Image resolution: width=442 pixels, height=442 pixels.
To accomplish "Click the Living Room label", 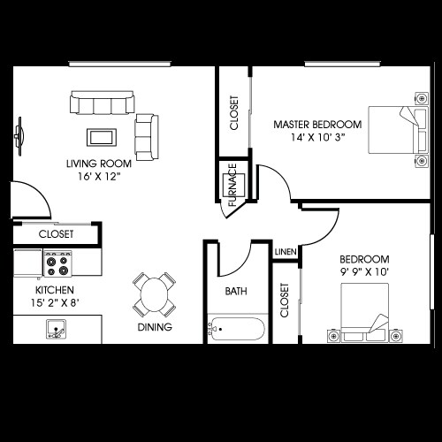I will click(x=99, y=164).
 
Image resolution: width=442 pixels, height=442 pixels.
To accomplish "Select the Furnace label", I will click(x=232, y=185).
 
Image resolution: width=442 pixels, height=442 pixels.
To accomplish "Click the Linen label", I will click(x=285, y=252).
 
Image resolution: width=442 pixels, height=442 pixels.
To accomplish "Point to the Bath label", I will click(x=236, y=291).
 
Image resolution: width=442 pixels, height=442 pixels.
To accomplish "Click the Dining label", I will click(x=155, y=327).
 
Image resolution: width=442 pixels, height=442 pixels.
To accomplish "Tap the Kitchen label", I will click(x=54, y=290).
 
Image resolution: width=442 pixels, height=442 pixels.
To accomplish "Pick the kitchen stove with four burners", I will click(x=58, y=262).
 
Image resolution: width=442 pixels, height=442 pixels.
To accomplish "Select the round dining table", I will click(x=155, y=293).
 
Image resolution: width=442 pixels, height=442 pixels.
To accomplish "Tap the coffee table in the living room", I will click(x=100, y=136).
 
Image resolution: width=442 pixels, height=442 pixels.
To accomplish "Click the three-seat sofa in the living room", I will click(x=102, y=103).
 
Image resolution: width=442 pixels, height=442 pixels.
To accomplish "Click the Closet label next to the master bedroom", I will click(x=234, y=113).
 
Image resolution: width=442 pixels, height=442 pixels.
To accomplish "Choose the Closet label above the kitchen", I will click(x=56, y=234).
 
